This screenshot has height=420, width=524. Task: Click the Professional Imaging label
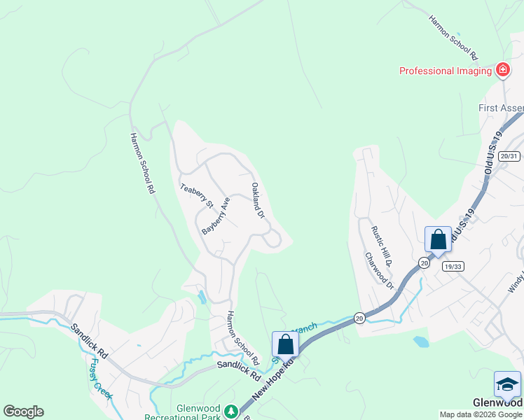445,71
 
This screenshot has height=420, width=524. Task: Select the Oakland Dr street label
257,201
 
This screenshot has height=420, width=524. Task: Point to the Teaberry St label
196,195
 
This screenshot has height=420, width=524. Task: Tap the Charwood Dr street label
380,270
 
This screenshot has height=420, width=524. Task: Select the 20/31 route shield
510,156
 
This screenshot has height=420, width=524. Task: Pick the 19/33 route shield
453,266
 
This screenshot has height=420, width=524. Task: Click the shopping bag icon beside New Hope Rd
285,344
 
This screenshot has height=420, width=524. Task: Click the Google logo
23,412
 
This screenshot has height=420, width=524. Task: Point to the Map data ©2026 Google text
481,414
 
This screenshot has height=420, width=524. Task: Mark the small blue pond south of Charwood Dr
420,342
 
